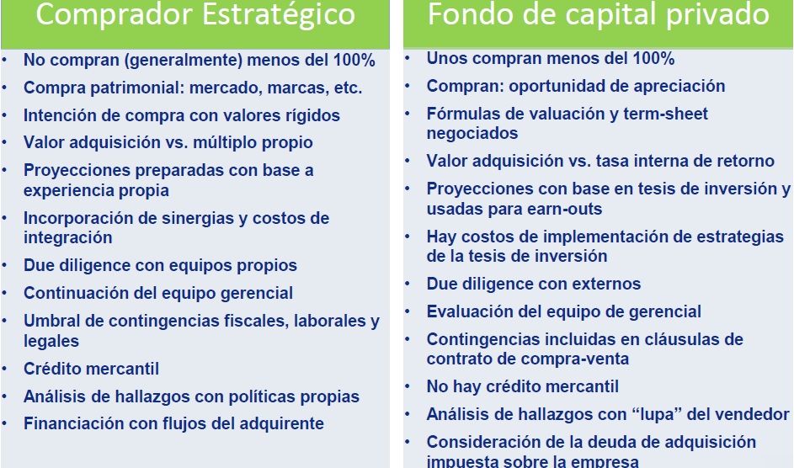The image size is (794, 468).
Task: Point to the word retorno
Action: click(x=741, y=161)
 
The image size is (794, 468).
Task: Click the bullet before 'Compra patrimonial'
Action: click(x=7, y=88)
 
